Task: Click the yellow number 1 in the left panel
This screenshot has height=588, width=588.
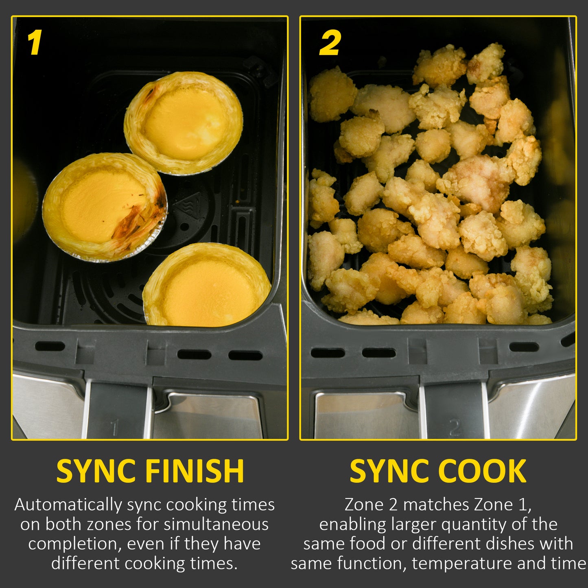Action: [x=35, y=43]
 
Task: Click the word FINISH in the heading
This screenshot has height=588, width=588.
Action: [x=195, y=471]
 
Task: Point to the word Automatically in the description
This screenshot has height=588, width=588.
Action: [x=68, y=505]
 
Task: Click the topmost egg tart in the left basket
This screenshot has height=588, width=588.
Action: [x=184, y=122]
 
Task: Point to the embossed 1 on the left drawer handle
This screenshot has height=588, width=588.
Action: [x=114, y=428]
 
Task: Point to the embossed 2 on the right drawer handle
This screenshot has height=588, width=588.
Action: [x=455, y=428]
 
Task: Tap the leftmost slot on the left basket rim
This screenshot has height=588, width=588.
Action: [x=50, y=346]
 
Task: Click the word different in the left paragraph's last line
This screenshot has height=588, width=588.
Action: [x=86, y=563]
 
